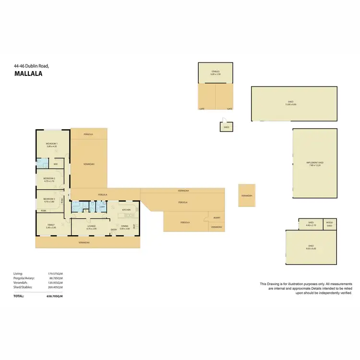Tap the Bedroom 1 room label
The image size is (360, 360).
point(51,144)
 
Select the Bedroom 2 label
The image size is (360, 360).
point(49,179)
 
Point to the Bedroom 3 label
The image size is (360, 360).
point(49,199)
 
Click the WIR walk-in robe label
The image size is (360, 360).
point(56,164)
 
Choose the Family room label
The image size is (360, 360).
point(51,225)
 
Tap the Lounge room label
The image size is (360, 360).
point(91,226)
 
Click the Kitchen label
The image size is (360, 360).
point(126,210)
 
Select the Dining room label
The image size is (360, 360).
point(124,226)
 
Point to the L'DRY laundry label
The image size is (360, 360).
point(102,206)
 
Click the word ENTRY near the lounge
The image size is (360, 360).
point(114,230)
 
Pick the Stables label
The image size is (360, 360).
point(215,72)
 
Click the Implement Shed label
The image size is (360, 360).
point(315,163)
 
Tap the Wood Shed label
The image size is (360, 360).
point(329,224)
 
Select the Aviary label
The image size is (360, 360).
point(216,218)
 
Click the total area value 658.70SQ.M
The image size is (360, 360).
point(53,297)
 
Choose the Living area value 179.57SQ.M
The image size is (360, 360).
point(55,274)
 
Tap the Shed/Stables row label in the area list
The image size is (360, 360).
point(23,287)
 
